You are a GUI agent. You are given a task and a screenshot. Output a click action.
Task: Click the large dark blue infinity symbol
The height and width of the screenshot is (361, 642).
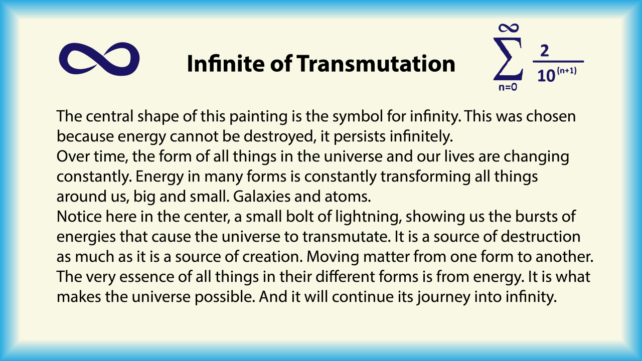(99, 59)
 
